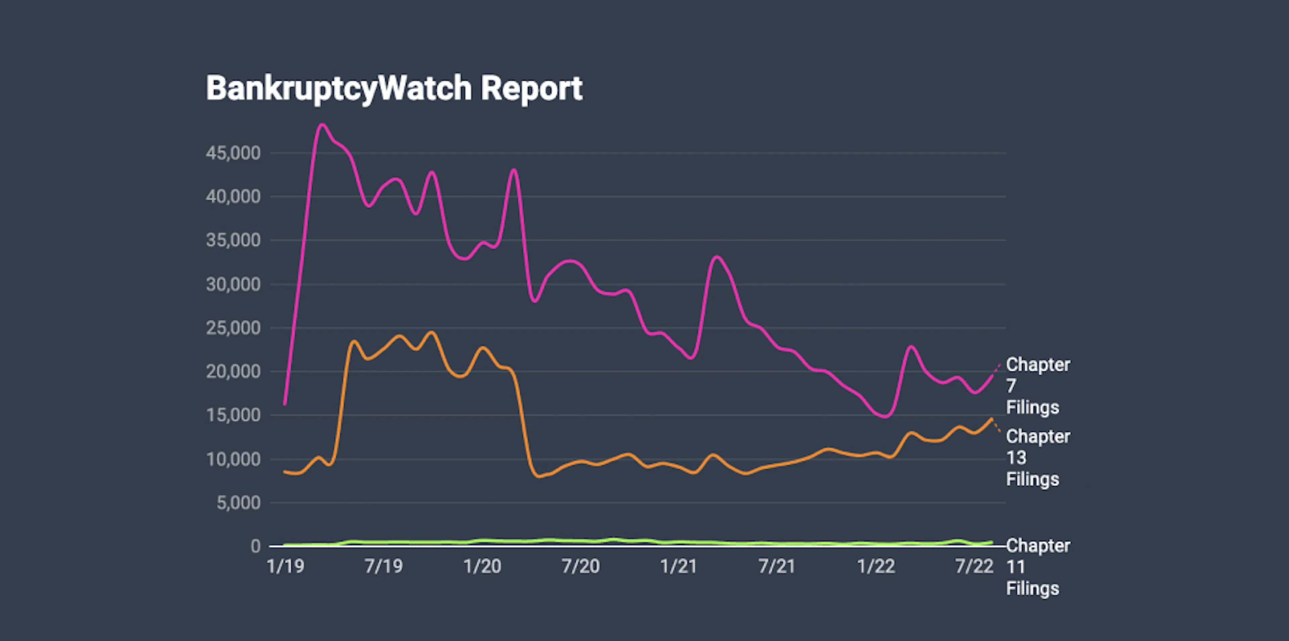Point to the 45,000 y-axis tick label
click(233, 153)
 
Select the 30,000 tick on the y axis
click(233, 284)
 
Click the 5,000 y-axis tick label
click(238, 502)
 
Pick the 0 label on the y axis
click(255, 546)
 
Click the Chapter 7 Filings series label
click(1037, 386)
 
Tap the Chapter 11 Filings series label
click(1037, 567)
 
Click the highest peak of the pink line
click(322, 125)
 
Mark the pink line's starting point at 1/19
click(285, 404)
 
